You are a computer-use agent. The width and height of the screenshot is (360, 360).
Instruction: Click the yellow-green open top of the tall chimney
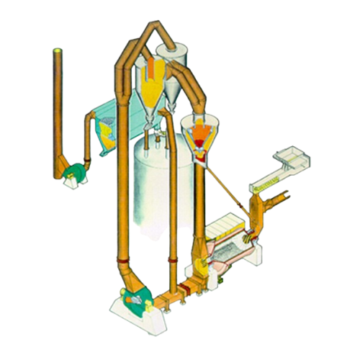coord(58,50)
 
